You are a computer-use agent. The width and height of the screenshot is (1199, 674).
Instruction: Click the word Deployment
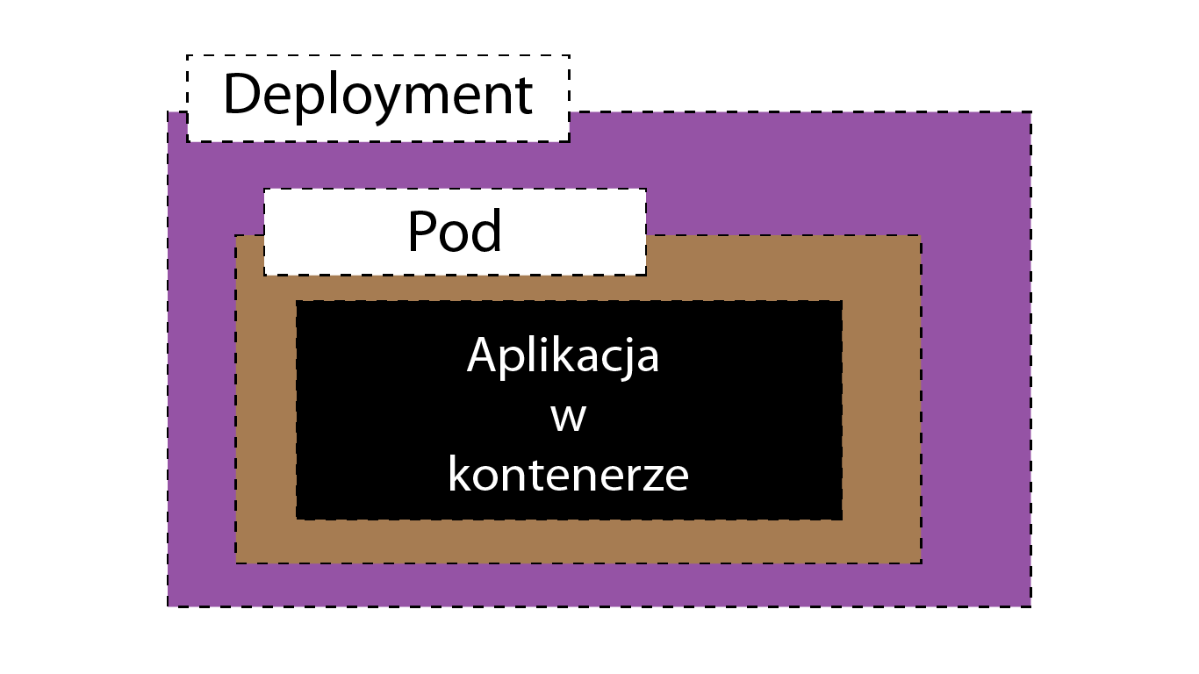[378, 97]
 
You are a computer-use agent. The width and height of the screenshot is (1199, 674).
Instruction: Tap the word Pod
[455, 231]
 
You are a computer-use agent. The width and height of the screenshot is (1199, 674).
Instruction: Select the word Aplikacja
[564, 356]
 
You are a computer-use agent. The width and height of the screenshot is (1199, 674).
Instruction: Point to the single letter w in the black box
[569, 418]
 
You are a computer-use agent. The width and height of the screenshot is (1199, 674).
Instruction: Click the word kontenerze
[569, 474]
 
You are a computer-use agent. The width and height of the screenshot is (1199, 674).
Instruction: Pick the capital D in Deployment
[242, 93]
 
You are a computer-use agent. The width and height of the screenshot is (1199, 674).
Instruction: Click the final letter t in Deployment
[524, 96]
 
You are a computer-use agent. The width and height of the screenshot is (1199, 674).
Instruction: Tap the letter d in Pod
[486, 230]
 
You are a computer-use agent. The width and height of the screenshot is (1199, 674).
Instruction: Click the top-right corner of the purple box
[1031, 111]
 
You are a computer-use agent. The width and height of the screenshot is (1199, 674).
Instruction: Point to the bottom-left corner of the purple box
[168, 606]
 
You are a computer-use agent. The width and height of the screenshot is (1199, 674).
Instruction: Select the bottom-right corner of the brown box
[922, 563]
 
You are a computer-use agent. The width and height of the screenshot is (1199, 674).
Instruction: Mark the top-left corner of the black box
[297, 301]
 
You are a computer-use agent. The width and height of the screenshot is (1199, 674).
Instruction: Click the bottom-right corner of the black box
[843, 520]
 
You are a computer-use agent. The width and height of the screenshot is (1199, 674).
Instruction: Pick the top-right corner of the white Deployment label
[570, 55]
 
